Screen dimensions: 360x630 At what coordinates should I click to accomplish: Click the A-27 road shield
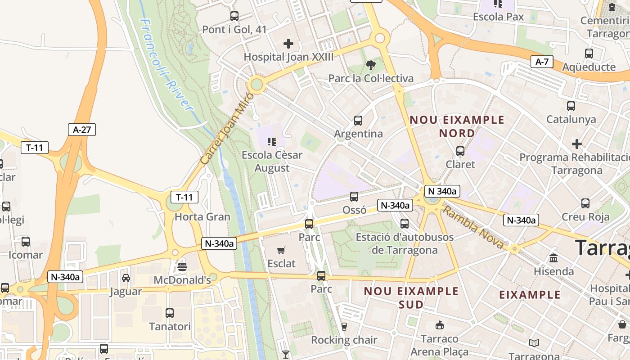point(82,130)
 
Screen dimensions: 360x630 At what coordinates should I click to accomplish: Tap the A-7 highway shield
point(542,62)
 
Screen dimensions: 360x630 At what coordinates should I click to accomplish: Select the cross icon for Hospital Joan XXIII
point(288,44)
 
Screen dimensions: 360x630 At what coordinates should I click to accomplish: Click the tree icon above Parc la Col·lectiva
point(371,66)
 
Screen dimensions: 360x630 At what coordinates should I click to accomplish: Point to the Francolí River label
point(166,65)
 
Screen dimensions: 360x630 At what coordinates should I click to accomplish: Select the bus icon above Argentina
point(358,121)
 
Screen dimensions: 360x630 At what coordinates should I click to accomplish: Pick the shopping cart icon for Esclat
point(281,250)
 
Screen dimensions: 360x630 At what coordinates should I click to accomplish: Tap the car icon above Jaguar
point(126,278)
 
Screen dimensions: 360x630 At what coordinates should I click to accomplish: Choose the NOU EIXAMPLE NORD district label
point(457,126)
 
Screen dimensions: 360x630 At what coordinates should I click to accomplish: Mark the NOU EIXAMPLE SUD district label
point(411,297)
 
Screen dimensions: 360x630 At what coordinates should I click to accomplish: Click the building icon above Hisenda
point(553,258)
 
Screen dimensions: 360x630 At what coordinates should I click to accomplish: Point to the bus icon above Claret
point(460,151)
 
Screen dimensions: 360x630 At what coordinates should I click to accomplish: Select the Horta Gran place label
point(202,216)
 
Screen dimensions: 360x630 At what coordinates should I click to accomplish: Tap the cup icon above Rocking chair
point(344,327)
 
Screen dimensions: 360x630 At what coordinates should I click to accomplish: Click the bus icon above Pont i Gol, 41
point(234,16)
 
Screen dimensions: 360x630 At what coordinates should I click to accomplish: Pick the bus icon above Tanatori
point(170,313)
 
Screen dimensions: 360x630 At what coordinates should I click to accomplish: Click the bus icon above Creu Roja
point(585,203)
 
